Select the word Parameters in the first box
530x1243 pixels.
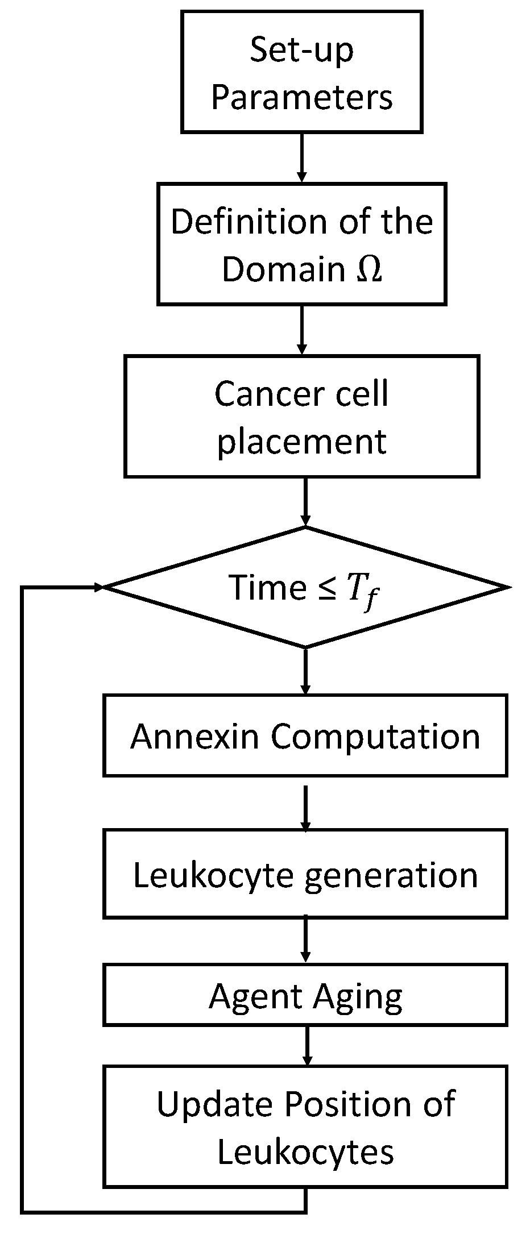[x=302, y=98]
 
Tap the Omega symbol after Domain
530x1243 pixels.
[x=369, y=269]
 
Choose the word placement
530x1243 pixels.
[x=302, y=441]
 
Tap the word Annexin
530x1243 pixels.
[x=196, y=737]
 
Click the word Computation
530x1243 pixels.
[x=375, y=737]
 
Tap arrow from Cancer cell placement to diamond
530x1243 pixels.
[x=305, y=502]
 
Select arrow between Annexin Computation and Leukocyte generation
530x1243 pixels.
[x=305, y=808]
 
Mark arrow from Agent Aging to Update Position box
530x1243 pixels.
[x=307, y=1046]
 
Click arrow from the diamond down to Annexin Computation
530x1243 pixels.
[x=305, y=671]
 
